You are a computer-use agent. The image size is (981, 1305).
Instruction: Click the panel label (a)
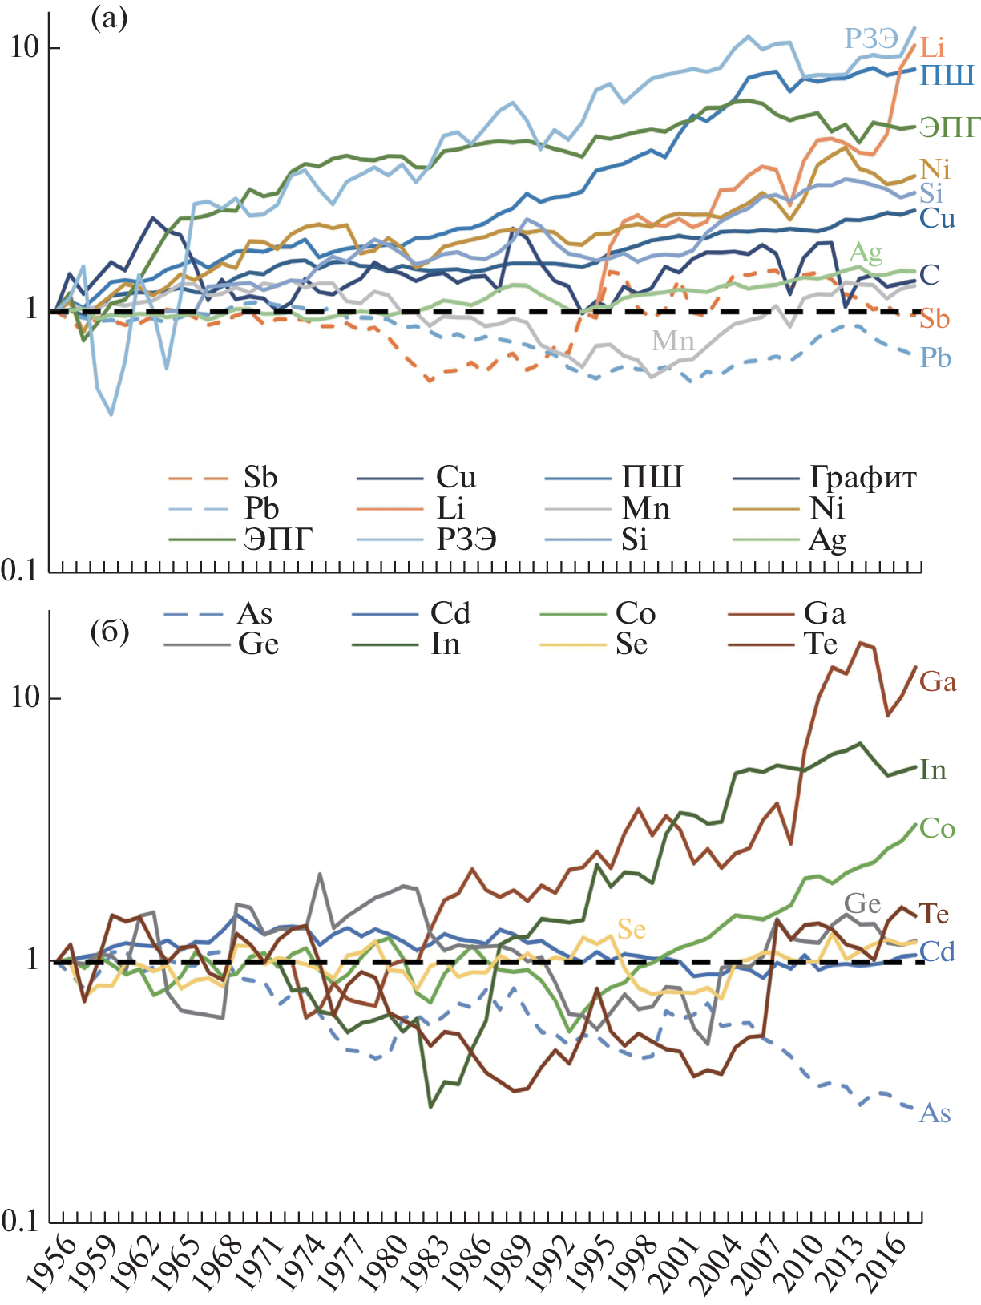click(109, 18)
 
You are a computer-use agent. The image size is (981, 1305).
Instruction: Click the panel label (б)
click(109, 632)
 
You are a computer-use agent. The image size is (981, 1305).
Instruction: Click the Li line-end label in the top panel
click(932, 47)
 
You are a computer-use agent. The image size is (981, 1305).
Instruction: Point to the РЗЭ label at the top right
click(871, 38)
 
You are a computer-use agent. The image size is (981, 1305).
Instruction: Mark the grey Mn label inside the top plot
click(672, 341)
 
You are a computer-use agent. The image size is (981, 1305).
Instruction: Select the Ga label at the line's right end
click(938, 681)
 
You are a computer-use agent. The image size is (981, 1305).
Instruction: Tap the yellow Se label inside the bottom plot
click(632, 929)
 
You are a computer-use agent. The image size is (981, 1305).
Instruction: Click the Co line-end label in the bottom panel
click(938, 828)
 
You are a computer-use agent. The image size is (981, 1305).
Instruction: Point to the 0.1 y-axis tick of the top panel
click(19, 571)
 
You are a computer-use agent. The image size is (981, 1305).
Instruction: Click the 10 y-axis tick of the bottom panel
click(25, 697)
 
